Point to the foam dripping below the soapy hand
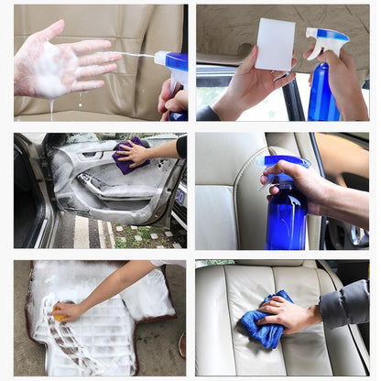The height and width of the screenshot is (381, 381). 52,108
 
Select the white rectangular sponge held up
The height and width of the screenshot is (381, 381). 275,44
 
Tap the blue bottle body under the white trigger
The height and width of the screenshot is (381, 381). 322,96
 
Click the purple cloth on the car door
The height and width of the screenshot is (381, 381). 129,155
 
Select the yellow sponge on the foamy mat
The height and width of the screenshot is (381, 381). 60,315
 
